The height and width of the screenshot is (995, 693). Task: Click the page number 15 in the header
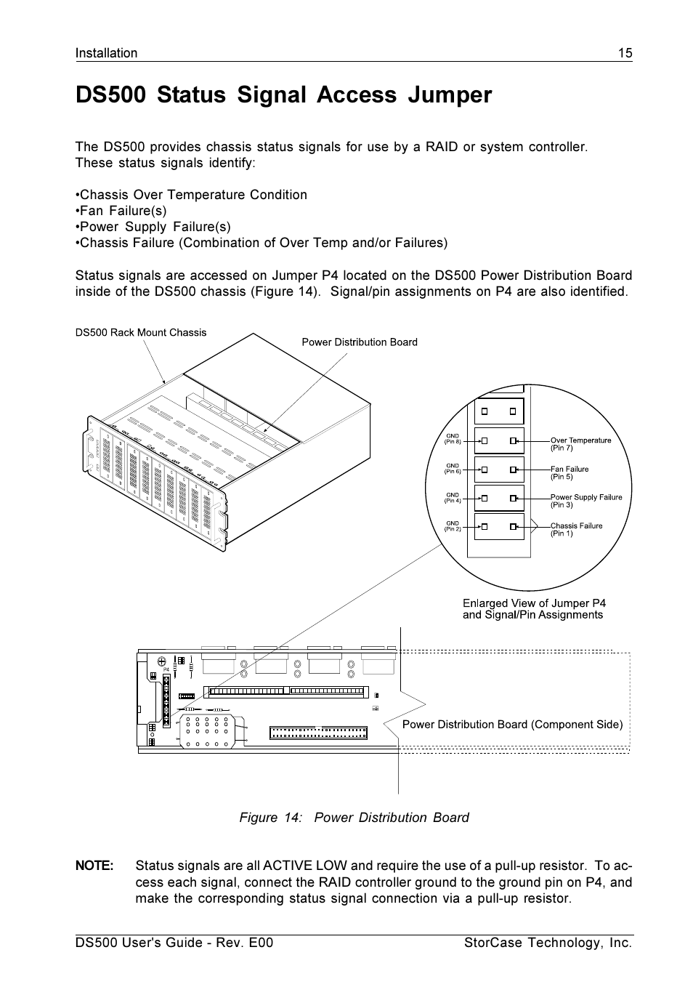(625, 53)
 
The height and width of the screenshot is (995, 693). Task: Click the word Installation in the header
(106, 53)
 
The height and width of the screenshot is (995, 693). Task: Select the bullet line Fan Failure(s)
(121, 211)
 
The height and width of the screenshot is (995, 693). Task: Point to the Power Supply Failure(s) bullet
(153, 227)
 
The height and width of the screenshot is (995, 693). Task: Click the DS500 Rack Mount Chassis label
(141, 333)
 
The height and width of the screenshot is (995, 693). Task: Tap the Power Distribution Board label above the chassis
(360, 342)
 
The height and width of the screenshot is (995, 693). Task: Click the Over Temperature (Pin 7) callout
(580, 444)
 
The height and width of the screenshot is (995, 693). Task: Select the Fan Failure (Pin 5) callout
(570, 473)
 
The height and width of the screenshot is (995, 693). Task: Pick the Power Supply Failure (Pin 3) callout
(585, 501)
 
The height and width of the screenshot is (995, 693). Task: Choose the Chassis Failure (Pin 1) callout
(576, 529)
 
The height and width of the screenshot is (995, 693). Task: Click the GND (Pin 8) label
(453, 439)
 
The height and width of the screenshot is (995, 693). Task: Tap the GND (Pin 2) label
(453, 525)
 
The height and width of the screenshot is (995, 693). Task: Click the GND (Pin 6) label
(453, 468)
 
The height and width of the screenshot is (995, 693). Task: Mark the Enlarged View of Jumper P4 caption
(533, 609)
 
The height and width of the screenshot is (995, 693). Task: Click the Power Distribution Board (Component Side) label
(512, 725)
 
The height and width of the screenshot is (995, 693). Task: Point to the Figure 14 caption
(354, 818)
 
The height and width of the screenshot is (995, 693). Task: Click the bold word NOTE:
(94, 866)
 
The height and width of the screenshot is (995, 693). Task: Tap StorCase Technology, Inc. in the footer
(548, 943)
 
